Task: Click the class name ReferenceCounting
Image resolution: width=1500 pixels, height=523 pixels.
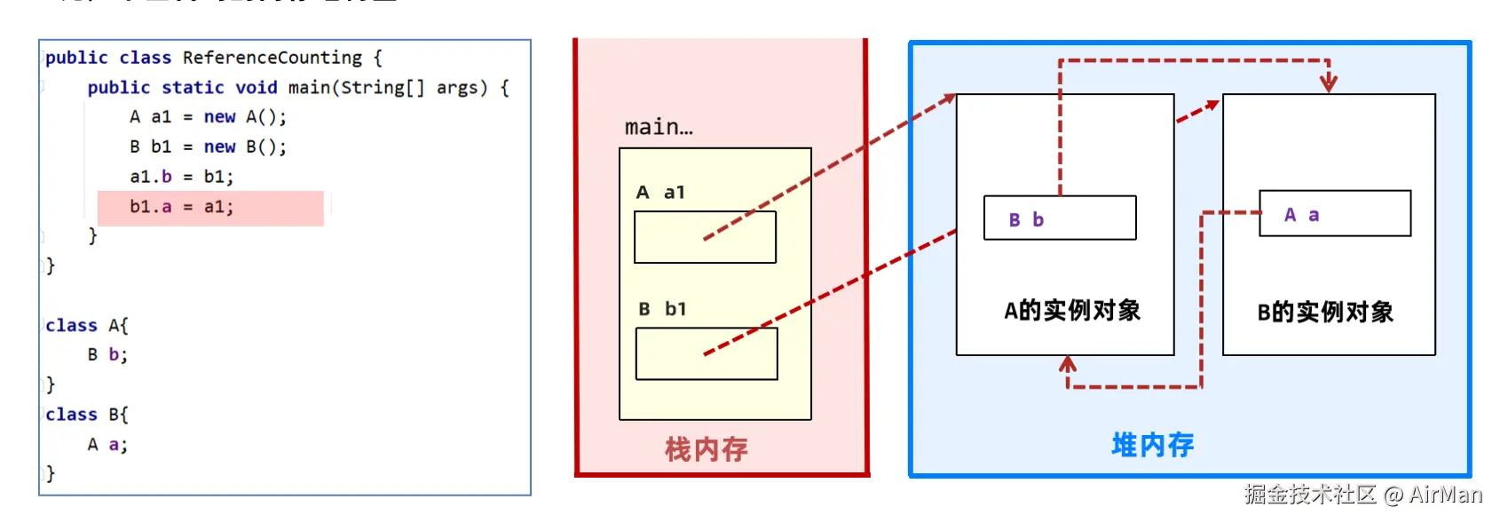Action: pyautogui.click(x=272, y=58)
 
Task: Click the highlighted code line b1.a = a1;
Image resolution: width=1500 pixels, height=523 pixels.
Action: pyautogui.click(x=182, y=207)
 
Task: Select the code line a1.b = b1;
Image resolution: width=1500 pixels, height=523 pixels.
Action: pyautogui.click(x=182, y=177)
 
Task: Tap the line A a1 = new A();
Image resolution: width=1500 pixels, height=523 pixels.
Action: pyautogui.click(x=208, y=117)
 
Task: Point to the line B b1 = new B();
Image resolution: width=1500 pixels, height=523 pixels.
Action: pyautogui.click(x=208, y=147)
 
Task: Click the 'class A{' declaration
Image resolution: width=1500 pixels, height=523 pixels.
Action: pyautogui.click(x=87, y=325)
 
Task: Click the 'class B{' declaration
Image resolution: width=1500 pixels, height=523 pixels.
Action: pyautogui.click(x=87, y=415)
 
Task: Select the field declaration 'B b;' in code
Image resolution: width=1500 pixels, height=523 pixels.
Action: pyautogui.click(x=107, y=355)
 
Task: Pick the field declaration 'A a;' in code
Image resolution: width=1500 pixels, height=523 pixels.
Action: pyautogui.click(x=107, y=445)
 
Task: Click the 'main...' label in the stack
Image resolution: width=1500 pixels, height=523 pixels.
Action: pyautogui.click(x=659, y=127)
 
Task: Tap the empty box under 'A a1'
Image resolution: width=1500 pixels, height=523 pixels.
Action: pyautogui.click(x=705, y=237)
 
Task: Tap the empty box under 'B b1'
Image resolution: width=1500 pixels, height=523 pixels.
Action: pyautogui.click(x=707, y=353)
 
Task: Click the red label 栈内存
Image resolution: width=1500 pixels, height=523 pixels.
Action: pyautogui.click(x=707, y=449)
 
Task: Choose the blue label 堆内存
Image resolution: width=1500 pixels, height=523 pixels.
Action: pyautogui.click(x=1153, y=444)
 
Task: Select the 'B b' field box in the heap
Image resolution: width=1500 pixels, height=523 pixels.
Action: pyautogui.click(x=1060, y=218)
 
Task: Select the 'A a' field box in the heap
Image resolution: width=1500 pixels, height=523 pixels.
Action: pyautogui.click(x=1335, y=214)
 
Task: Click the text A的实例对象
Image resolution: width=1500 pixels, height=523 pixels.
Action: pyautogui.click(x=1072, y=311)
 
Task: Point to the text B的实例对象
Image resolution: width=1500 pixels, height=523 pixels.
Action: pyautogui.click(x=1325, y=313)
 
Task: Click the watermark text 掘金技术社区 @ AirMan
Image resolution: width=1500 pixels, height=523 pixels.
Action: pyautogui.click(x=1362, y=495)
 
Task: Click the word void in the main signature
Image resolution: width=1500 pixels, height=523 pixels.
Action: pyautogui.click(x=256, y=88)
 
